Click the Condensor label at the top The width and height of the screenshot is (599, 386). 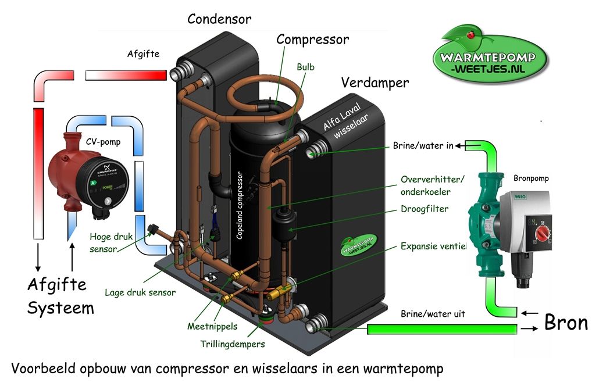pyautogui.click(x=219, y=19)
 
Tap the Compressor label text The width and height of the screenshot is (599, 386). pyautogui.click(x=312, y=40)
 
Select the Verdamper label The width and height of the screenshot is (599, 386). pyautogui.click(x=375, y=83)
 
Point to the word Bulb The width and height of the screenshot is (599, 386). pyautogui.click(x=305, y=67)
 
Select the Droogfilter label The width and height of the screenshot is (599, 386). pyautogui.click(x=424, y=209)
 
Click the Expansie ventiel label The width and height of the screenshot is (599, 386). pyautogui.click(x=433, y=246)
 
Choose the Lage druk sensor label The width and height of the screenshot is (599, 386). pyautogui.click(x=140, y=292)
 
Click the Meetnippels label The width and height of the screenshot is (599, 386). pyautogui.click(x=212, y=326)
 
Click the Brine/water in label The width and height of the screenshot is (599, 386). pyautogui.click(x=423, y=145)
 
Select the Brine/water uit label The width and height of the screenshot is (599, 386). pyautogui.click(x=433, y=314)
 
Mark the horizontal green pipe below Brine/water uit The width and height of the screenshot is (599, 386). pyautogui.click(x=442, y=330)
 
